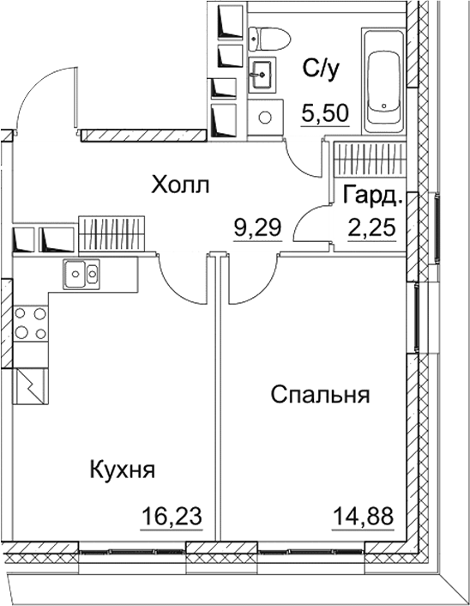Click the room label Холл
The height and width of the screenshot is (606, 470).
[x=179, y=185]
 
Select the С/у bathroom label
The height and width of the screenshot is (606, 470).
[x=323, y=70]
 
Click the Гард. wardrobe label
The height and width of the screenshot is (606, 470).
[x=372, y=195]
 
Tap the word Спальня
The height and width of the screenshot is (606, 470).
[x=320, y=395]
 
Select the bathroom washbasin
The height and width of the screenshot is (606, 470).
[x=262, y=74]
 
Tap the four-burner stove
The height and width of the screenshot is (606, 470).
[x=30, y=324]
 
